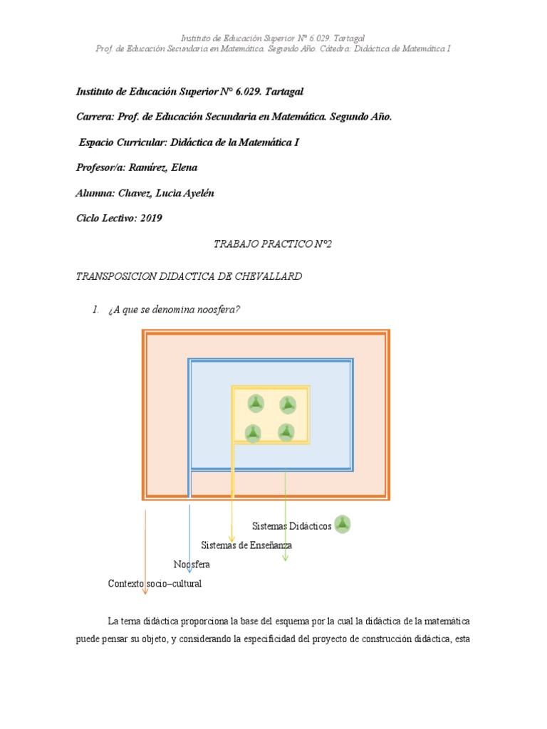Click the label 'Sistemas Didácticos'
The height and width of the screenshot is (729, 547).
pos(291,526)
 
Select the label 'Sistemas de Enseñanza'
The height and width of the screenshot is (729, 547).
pos(246,545)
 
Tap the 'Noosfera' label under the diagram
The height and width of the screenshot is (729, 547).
pos(192,565)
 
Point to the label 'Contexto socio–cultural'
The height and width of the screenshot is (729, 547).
pos(155,584)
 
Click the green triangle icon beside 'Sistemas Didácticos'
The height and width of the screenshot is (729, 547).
pos(343,525)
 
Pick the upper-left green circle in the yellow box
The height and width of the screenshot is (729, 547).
pos(256,404)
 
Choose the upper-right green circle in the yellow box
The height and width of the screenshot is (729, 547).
pos(287,404)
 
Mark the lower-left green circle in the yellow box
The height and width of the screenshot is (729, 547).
pos(253,432)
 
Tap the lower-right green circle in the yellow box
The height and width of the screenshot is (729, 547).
pos(286,431)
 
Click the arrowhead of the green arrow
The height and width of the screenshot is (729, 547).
pos(285,558)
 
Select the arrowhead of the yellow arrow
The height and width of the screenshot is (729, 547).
pos(231,538)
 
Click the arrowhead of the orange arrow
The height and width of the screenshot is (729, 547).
pos(145,590)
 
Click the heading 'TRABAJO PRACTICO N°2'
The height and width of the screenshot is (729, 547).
pos(273,244)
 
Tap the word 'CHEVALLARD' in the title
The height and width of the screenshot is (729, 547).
pos(268,276)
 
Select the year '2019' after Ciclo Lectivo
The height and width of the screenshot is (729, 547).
pos(151,219)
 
